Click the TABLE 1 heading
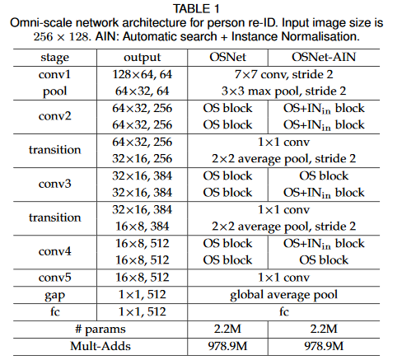196,9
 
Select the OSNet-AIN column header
324,57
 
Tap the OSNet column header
227,57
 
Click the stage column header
55,58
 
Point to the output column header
142,58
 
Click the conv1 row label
54,74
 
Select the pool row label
54,91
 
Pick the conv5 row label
54,278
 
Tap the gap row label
54,296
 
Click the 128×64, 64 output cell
142,74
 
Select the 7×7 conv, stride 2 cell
283,74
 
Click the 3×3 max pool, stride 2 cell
283,91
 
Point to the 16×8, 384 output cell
142,227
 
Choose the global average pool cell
283,295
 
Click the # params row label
100,330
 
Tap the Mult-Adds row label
100,346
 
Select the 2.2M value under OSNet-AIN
324,329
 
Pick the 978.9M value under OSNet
227,346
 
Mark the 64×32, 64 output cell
142,91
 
